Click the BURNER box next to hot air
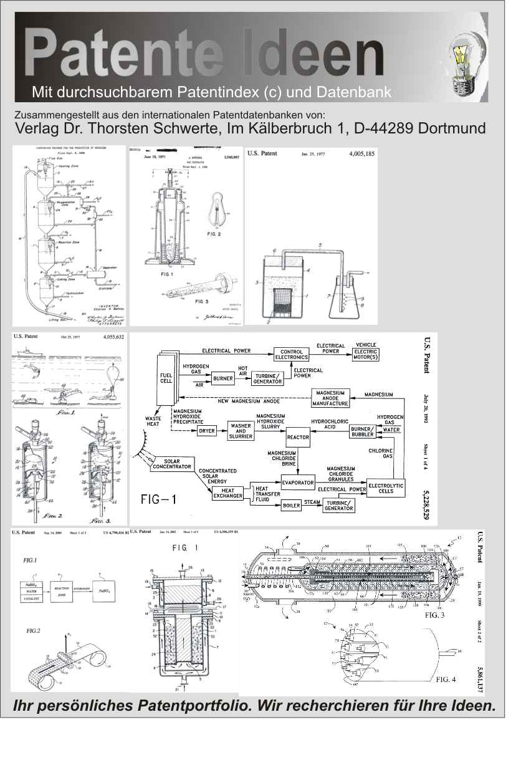point(222,378)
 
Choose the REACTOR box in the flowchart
point(298,437)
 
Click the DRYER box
point(206,431)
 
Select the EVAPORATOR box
point(298,483)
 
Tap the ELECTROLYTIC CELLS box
point(386,488)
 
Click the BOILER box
point(292,506)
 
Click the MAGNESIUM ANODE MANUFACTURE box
point(330,398)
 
